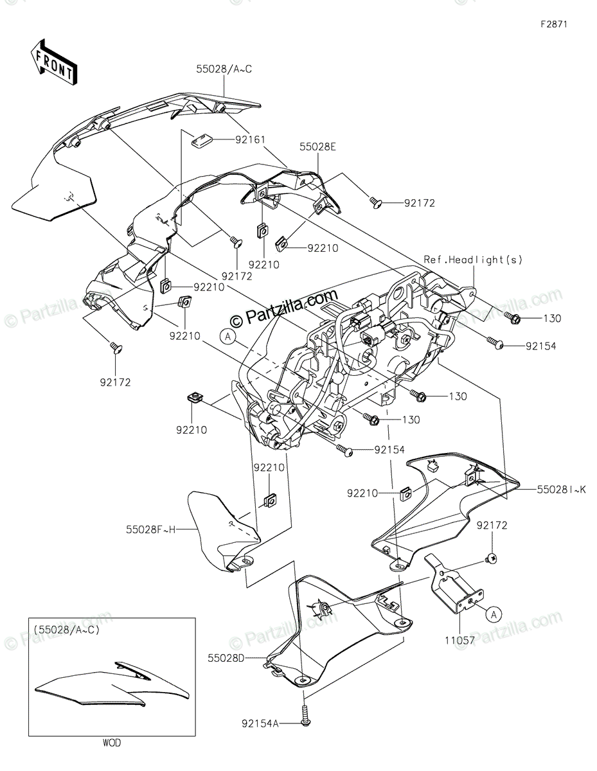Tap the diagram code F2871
554,24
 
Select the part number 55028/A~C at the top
224,69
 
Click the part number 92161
251,140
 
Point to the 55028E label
317,147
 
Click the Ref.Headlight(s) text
473,260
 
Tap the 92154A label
260,723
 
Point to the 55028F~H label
151,529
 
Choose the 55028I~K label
561,490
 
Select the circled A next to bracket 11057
494,614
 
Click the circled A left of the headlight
227,336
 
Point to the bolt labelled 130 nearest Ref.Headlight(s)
512,318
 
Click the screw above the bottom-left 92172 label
116,348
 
